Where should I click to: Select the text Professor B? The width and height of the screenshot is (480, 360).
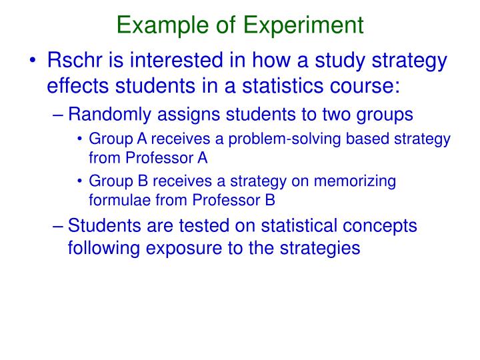pos(232,199)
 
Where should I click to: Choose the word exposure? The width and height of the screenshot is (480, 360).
pos(179,248)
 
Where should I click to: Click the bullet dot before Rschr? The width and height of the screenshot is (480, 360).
pos(34,62)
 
